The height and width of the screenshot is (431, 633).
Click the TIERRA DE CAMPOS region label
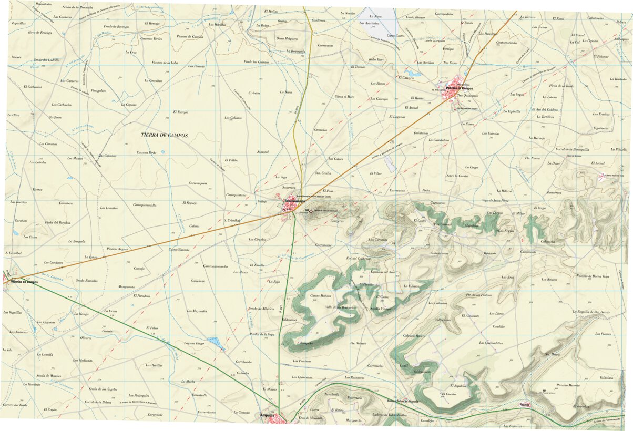coord(164,135)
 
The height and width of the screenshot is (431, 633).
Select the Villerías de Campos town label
coord(24,282)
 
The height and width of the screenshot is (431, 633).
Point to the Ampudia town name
coord(268,415)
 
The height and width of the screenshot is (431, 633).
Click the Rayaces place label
coord(524,405)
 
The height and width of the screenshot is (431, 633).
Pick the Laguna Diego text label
coord(194,343)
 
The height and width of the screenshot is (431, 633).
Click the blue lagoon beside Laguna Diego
coord(216,344)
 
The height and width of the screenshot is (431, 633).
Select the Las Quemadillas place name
coord(491,343)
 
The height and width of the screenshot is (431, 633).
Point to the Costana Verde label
coord(147,152)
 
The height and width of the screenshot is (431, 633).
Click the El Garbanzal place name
coord(33,86)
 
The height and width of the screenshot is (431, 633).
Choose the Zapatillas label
coord(18,23)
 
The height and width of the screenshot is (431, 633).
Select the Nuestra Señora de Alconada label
coord(402,401)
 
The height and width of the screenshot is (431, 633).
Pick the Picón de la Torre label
coord(561,85)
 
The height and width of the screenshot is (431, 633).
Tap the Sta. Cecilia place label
coord(323,172)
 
